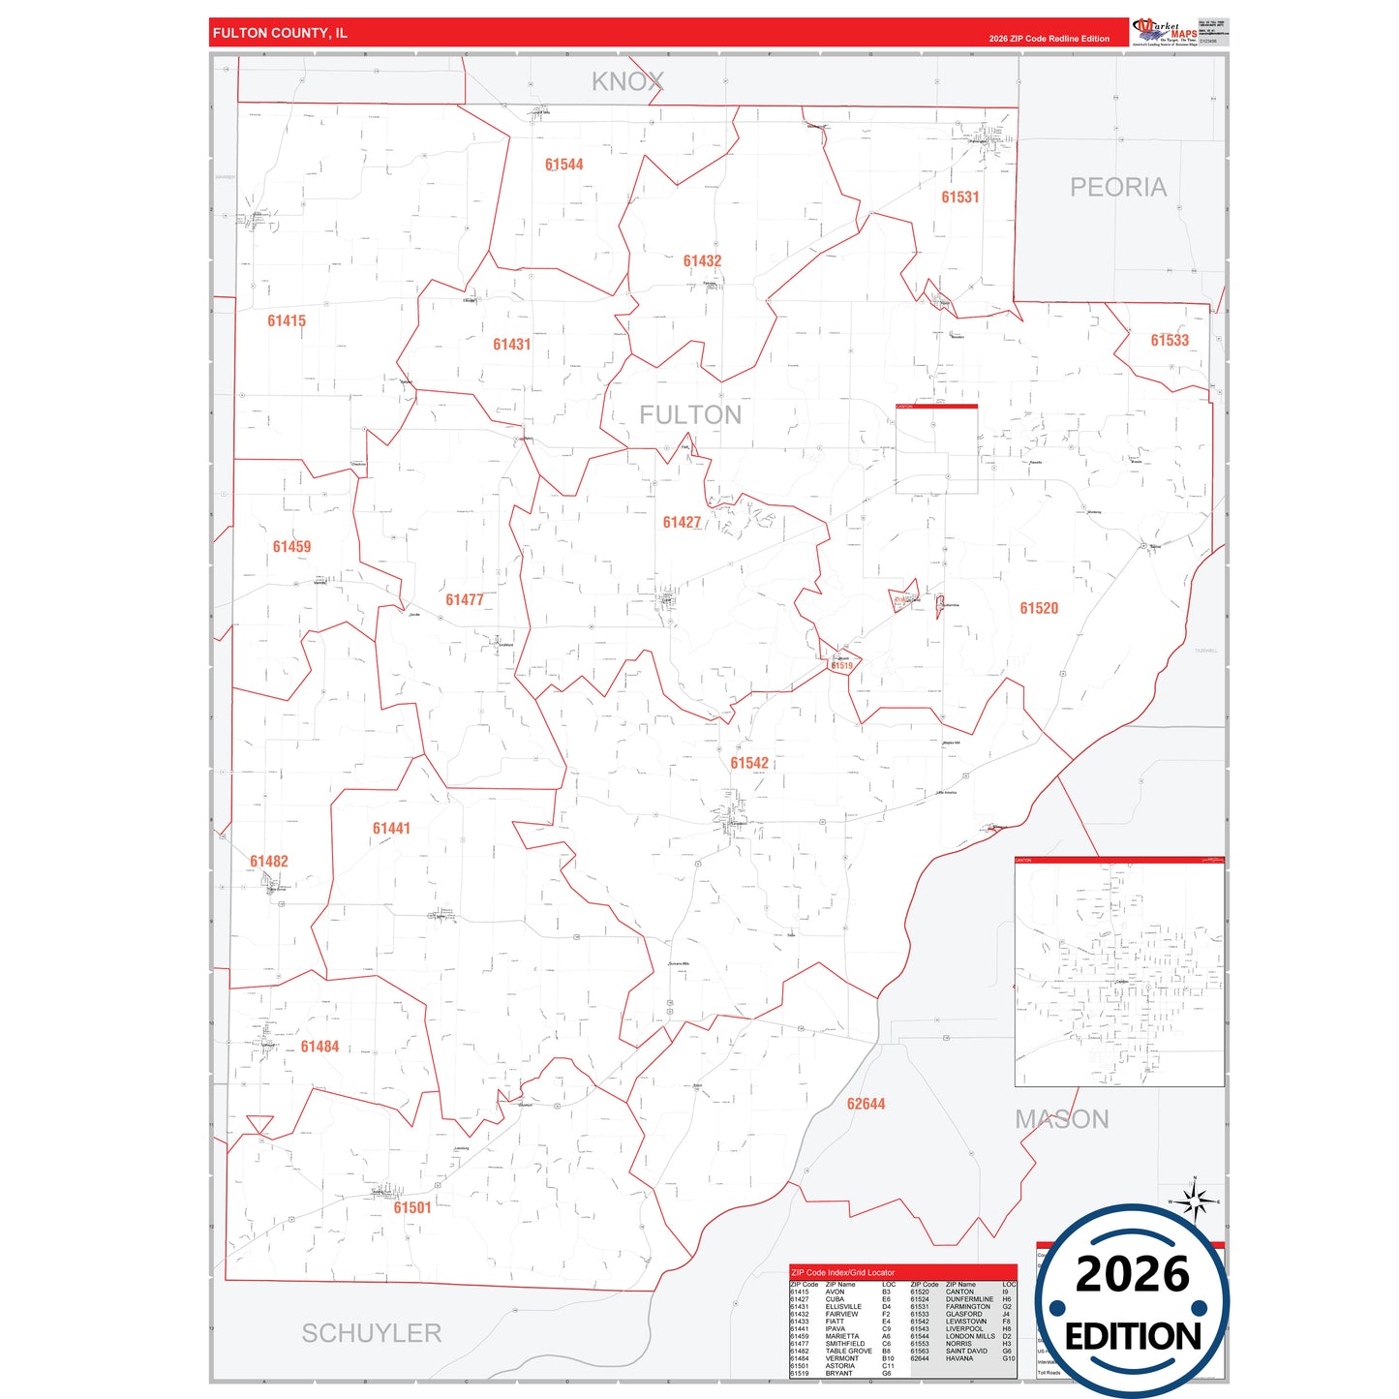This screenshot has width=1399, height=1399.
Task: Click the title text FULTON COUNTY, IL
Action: [x=280, y=33]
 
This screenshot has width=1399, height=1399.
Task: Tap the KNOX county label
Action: [x=627, y=82]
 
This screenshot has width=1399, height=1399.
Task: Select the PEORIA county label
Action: [x=1117, y=187]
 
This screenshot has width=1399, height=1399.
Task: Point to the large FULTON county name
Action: [x=690, y=415]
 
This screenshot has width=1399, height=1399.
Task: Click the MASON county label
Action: [x=1062, y=1119]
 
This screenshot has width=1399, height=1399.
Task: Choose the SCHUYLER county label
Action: [x=371, y=1333]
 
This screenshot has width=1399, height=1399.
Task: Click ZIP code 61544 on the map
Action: [x=563, y=165]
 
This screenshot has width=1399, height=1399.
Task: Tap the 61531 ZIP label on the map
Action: [x=959, y=198]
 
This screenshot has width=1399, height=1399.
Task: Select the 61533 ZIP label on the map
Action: [x=1169, y=341]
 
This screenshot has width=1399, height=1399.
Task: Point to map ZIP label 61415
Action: [x=287, y=320]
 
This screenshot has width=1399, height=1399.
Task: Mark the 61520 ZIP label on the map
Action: [x=1039, y=608]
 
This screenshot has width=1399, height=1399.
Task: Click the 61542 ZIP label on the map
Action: [x=749, y=763]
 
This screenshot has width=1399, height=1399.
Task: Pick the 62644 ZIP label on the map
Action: [x=866, y=1104]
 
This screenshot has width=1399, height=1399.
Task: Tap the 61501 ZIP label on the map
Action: [x=412, y=1207]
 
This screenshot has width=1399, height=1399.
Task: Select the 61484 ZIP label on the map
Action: [x=319, y=1047]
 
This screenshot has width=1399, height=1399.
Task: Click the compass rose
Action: [x=1195, y=1201]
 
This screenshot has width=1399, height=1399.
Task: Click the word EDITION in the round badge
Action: [x=1133, y=1337]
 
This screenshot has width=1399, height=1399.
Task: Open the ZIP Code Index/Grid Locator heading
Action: [x=842, y=1272]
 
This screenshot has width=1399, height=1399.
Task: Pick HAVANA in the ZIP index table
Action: [x=958, y=1358]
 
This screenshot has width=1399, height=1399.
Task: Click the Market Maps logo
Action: [x=1164, y=31]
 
